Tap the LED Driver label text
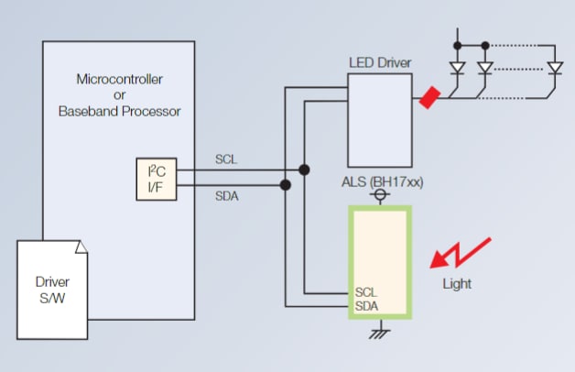tap(380, 62)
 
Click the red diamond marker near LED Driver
tap(428, 98)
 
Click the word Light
tap(456, 283)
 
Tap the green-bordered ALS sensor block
tap(380, 261)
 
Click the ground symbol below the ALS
tap(374, 334)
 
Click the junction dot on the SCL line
tap(303, 170)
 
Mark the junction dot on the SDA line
tap(286, 185)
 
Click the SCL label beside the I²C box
tap(225, 159)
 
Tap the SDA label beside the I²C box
tap(225, 195)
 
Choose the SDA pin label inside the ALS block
tap(365, 305)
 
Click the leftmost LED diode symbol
tap(458, 68)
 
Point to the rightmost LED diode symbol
tap(553, 68)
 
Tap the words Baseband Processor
tap(119, 112)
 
